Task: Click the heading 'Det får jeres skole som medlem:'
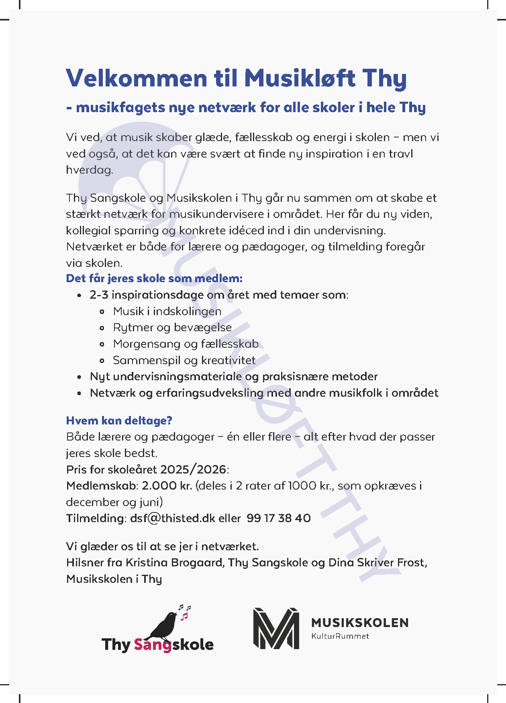tap(154, 278)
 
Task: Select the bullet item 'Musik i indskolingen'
tap(167, 311)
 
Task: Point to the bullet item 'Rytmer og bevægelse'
tap(172, 328)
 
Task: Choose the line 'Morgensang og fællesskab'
tap(186, 344)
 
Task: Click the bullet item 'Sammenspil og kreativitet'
tap(184, 360)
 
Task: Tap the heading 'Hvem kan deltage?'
tap(119, 420)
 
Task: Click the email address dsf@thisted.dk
tap(173, 518)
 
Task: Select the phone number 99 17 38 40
tap(279, 518)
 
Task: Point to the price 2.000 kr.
tap(167, 486)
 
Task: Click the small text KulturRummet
tap(340, 636)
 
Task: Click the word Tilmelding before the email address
tap(94, 518)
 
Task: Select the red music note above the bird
tap(184, 616)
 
